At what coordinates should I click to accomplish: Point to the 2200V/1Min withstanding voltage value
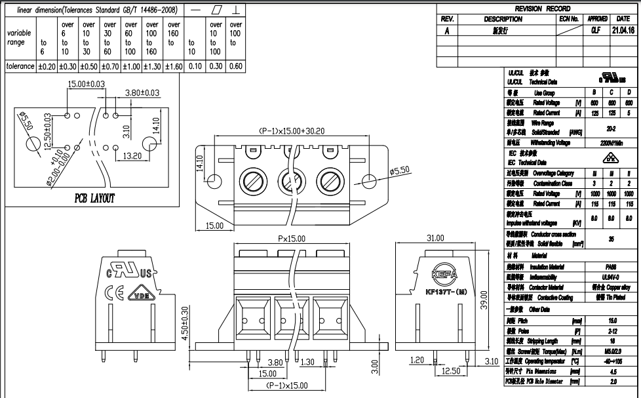pyautogui.click(x=611, y=142)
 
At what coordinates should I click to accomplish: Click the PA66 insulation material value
pyautogui.click(x=611, y=267)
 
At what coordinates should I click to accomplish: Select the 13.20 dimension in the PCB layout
pyautogui.click(x=132, y=155)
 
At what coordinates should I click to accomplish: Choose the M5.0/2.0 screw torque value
pyautogui.click(x=611, y=351)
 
